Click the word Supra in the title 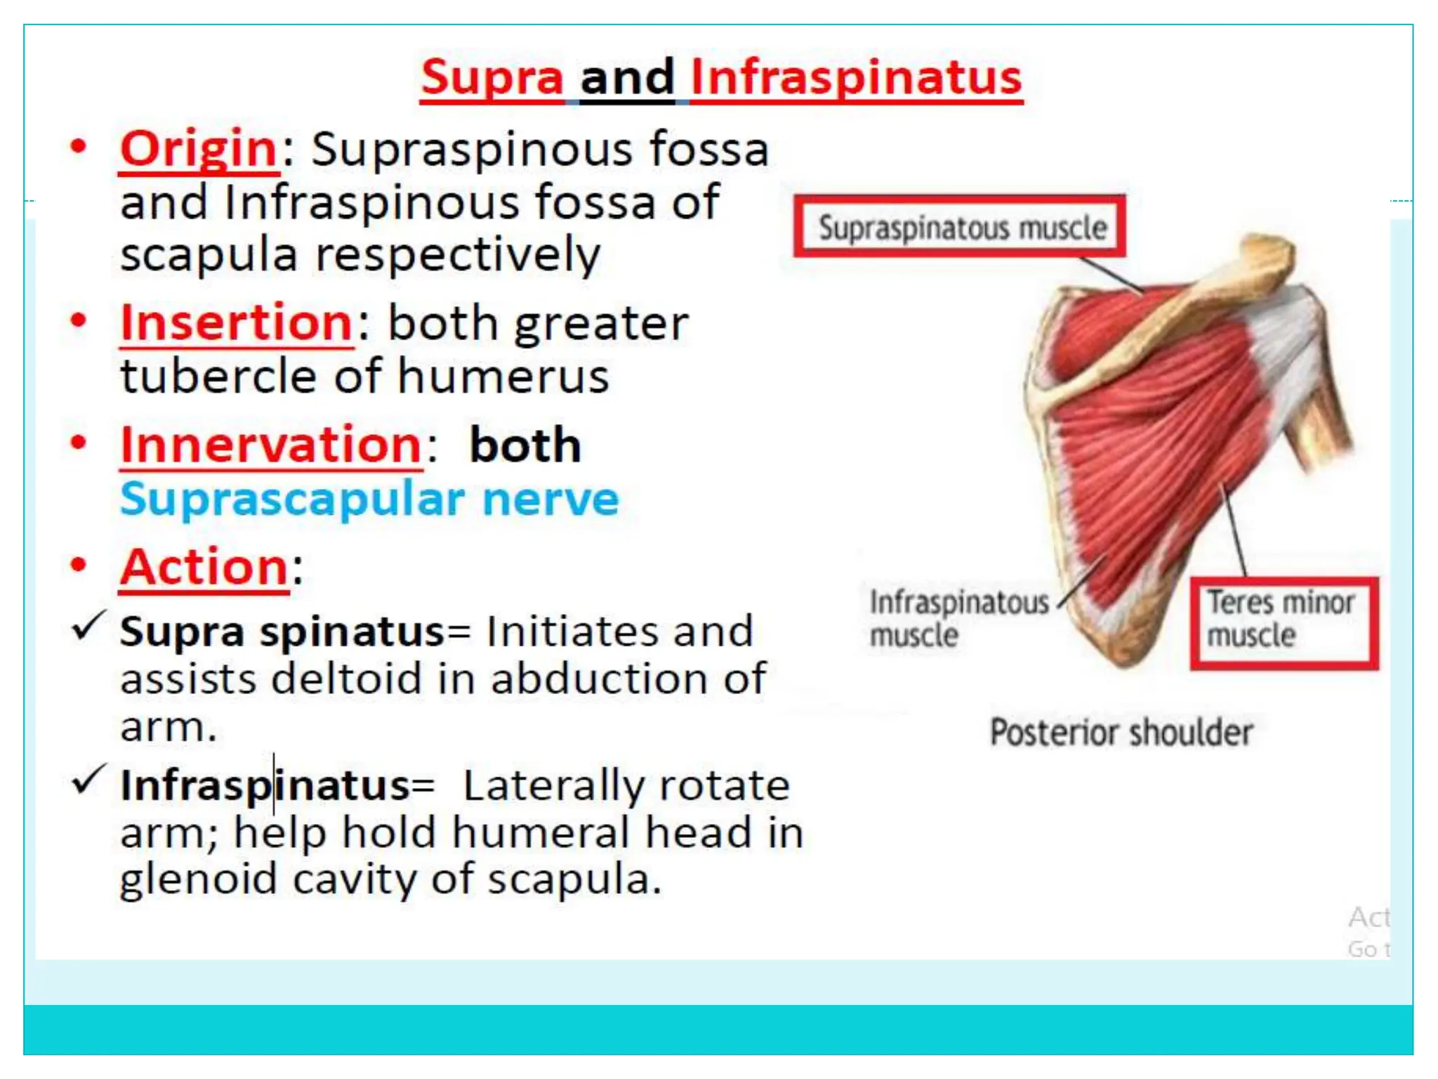492,77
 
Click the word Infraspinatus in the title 856,77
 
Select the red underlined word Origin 199,149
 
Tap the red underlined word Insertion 236,322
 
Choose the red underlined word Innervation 270,445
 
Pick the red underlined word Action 204,567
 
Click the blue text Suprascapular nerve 369,499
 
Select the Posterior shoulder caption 1121,733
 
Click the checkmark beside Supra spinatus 88,625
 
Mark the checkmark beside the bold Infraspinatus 88,780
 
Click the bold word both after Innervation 525,445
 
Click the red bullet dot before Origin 79,147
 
